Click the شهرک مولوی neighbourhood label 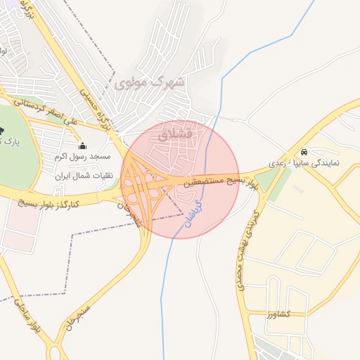coord(149,83)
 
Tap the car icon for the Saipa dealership coord(303,152)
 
